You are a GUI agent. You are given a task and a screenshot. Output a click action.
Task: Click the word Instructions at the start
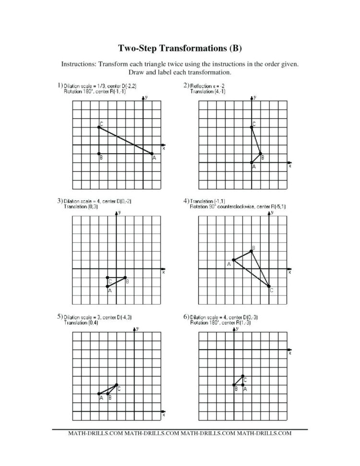pos(78,64)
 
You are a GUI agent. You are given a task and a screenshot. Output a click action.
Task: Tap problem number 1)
pos(60,86)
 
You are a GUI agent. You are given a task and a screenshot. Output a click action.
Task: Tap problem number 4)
pos(186,200)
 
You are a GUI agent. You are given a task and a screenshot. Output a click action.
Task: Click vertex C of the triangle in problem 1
pos(99,127)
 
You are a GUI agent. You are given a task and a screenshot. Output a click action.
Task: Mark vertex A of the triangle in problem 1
pos(152,154)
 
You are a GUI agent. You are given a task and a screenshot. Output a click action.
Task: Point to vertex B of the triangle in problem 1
pos(99,154)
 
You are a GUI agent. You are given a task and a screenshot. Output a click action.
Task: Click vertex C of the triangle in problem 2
pos(252,127)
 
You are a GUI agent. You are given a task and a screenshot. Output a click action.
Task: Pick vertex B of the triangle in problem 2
pos(261,154)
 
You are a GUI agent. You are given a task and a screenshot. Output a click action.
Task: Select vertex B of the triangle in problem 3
pos(125,277)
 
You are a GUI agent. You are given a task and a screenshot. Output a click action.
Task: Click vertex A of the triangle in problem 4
pos(234,260)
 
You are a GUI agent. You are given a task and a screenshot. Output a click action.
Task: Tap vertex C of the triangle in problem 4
pos(269,286)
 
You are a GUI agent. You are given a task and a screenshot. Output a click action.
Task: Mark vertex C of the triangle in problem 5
pos(117,384)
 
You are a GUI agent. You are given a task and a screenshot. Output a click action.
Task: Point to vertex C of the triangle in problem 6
pos(243,376)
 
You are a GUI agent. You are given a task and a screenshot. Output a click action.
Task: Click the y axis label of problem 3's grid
pos(119,212)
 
